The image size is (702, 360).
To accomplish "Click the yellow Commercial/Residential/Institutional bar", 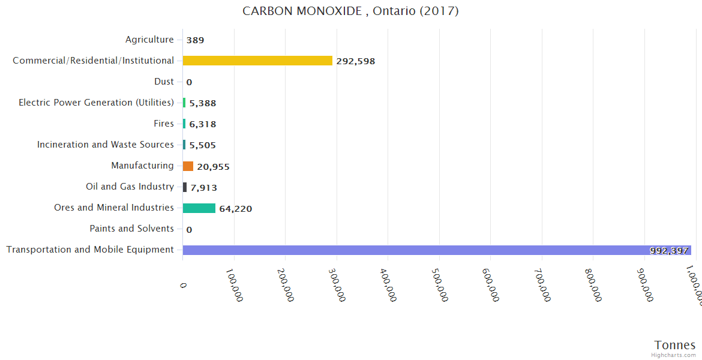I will point(257,61).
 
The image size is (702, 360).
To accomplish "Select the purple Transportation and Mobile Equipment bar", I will point(437,250).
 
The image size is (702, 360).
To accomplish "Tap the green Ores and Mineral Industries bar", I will point(199,208).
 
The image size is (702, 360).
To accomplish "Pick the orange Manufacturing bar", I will point(188,166).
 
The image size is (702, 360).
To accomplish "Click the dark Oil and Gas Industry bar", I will point(185,187).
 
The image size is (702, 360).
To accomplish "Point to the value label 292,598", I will point(356,61).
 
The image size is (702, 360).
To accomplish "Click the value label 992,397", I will point(668,251).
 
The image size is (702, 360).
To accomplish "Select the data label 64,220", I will point(235,209).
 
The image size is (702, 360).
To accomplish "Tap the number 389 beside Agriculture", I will point(195,40).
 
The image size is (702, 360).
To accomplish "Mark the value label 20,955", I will point(213,167).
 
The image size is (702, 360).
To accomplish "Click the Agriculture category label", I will point(149,40).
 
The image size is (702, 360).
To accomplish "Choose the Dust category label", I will point(164,82).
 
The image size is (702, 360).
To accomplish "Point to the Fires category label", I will point(164,124).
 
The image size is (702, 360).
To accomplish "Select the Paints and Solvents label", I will point(131,229).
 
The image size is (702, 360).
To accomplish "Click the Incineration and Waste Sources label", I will point(106,145).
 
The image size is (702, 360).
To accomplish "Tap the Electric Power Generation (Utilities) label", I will point(96,103).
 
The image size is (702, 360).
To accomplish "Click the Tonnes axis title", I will point(675,345).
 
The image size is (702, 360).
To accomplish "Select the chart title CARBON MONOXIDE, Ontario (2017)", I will point(350,11).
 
